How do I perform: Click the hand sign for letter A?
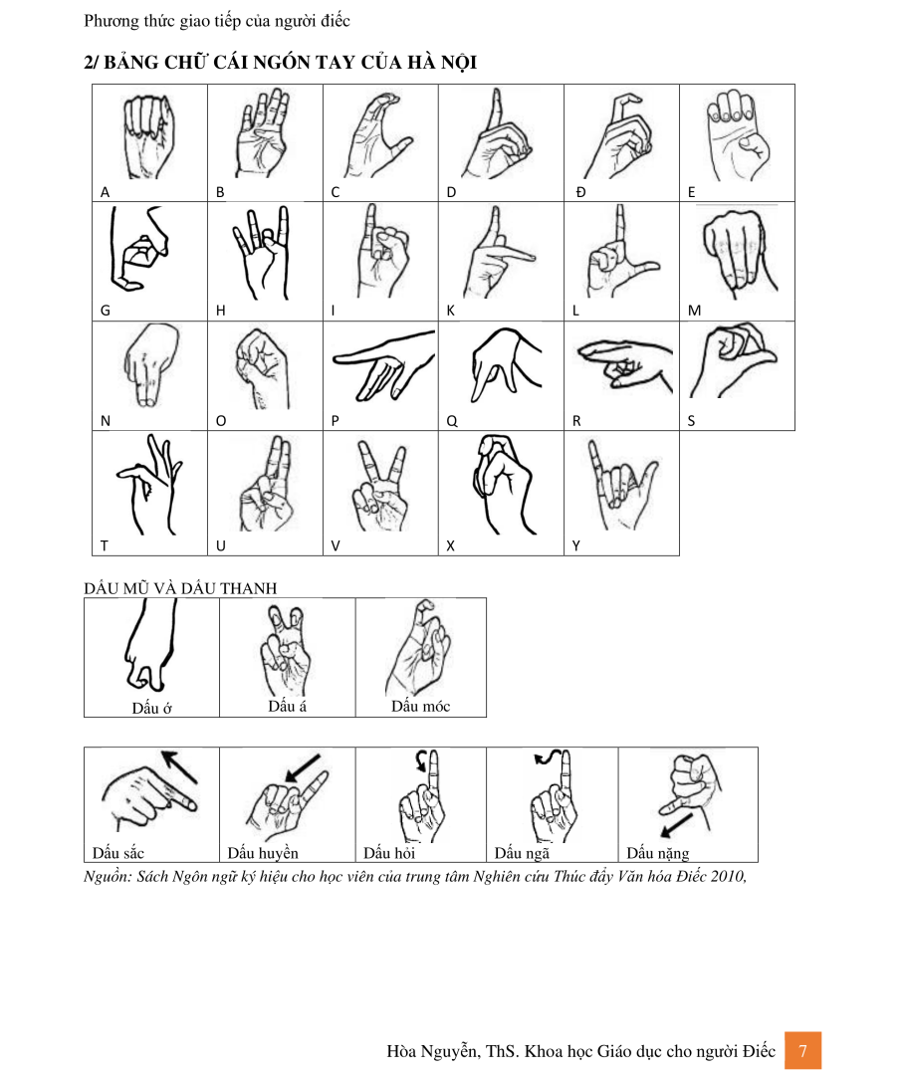[146, 137]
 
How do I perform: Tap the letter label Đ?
[580, 192]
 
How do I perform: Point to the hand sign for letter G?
[137, 248]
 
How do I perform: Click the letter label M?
[695, 311]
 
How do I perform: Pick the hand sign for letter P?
[383, 364]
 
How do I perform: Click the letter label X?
[450, 545]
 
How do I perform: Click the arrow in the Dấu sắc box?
[179, 767]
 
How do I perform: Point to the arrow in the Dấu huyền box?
[303, 768]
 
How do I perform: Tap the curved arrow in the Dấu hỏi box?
[422, 759]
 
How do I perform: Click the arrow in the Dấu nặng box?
[676, 825]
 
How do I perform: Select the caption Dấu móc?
[420, 706]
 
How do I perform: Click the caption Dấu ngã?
[522, 853]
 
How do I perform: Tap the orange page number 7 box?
[802, 1050]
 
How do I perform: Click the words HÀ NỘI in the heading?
[442, 63]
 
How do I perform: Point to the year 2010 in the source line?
[728, 876]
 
